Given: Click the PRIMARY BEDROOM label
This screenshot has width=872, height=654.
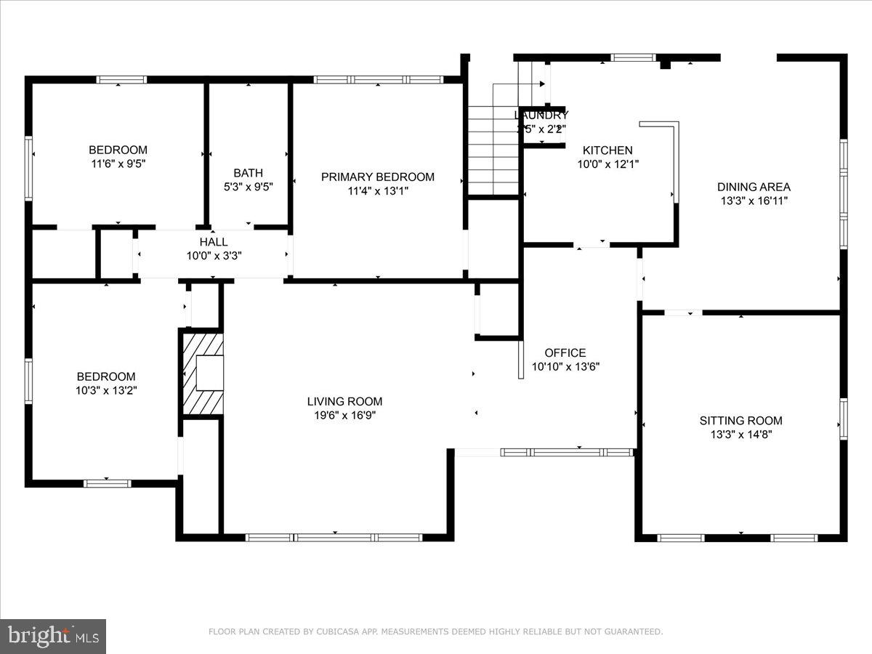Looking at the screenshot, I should [378, 177].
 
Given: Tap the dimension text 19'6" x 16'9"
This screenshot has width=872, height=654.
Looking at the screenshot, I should [344, 416].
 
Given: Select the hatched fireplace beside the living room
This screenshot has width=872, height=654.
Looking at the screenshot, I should [202, 374].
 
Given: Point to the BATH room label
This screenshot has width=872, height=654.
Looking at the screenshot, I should [249, 173].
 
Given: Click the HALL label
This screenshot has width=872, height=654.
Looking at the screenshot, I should [214, 242].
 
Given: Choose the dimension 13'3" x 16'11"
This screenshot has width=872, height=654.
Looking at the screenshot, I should [754, 201].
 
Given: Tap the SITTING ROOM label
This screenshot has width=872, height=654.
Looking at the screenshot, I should [740, 420].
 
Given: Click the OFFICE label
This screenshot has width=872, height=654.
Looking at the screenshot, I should [565, 353].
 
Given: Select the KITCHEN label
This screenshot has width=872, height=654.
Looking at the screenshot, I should [607, 150].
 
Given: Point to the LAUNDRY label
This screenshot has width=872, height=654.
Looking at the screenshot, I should [541, 115].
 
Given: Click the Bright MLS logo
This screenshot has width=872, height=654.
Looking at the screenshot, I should [53, 637].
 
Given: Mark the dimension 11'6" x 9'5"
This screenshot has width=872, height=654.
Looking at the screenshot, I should [118, 164].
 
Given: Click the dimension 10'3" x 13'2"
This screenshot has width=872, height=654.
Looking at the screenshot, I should [106, 390].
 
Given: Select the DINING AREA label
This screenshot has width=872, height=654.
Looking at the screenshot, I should [754, 187].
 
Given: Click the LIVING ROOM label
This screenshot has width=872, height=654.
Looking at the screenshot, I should [344, 401].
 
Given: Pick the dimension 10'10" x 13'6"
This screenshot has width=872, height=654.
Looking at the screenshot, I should [565, 367].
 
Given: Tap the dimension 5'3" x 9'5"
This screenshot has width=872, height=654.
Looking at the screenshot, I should [249, 187].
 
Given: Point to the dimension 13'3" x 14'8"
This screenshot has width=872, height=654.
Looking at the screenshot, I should [740, 435].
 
